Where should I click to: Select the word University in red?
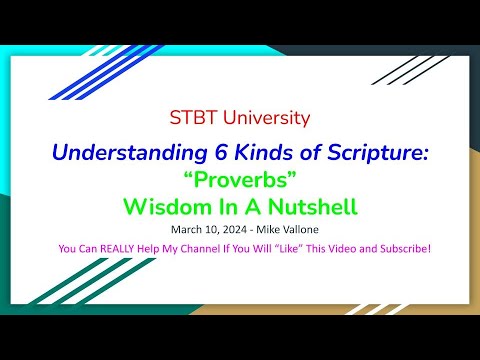point(263,119)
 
